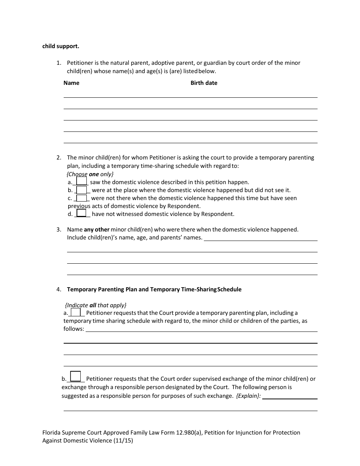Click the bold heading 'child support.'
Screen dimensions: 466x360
click(61, 46)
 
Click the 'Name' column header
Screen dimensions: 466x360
click(71, 83)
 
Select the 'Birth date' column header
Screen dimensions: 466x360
click(204, 83)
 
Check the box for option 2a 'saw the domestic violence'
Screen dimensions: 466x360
click(82, 181)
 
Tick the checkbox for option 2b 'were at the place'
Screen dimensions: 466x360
click(82, 190)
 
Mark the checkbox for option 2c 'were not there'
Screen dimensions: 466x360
click(82, 198)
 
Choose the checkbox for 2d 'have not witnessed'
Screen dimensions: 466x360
click(81, 213)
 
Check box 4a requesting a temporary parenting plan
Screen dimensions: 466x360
click(76, 312)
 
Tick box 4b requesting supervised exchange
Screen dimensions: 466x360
click(76, 376)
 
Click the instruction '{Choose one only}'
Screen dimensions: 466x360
click(90, 174)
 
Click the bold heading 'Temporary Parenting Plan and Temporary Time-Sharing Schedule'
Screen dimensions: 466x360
click(154, 289)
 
